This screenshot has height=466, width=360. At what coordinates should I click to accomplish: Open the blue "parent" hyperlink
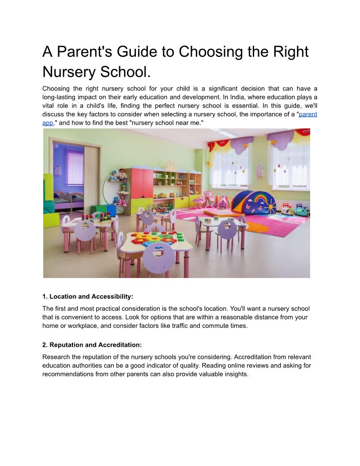coord(308,114)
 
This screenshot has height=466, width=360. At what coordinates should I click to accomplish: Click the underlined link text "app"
coord(48,122)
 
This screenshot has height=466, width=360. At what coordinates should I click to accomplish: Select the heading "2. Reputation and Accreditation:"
coord(92,345)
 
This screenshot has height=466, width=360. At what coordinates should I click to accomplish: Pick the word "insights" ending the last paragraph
coord(235,374)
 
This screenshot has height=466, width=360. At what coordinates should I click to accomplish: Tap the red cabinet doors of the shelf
coord(142,183)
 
